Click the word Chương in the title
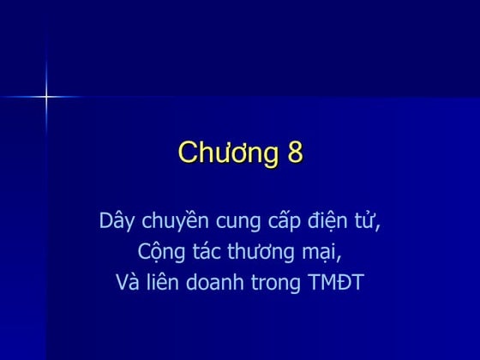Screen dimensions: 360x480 click(225, 153)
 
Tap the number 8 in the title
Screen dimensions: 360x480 click(294, 153)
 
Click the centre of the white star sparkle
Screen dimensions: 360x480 click(46, 97)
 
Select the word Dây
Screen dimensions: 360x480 click(117, 221)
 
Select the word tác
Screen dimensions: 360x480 click(206, 252)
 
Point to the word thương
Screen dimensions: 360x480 click(263, 254)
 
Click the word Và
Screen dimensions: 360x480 click(126, 282)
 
